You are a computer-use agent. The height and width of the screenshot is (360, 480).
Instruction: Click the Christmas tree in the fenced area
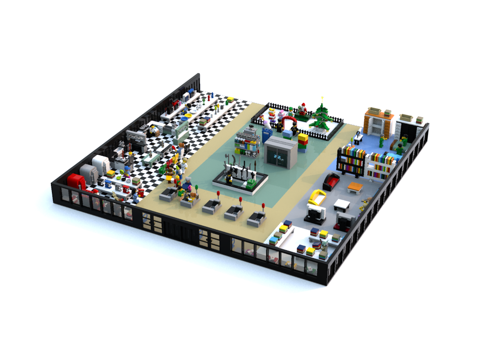[321, 118]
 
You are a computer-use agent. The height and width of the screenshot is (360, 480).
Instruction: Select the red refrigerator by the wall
[76, 182]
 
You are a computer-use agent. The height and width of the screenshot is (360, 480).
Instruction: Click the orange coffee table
[355, 187]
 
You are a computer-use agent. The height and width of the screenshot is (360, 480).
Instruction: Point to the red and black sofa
[331, 181]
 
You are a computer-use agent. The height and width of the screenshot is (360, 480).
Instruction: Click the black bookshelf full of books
[351, 160]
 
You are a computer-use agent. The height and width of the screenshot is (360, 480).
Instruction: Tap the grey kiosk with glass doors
[280, 152]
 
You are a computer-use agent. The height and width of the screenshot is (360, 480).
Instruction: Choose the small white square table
[342, 204]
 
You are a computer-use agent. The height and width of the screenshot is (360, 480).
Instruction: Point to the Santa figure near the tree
[302, 109]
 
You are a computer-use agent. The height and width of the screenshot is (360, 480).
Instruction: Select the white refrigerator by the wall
[101, 164]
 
